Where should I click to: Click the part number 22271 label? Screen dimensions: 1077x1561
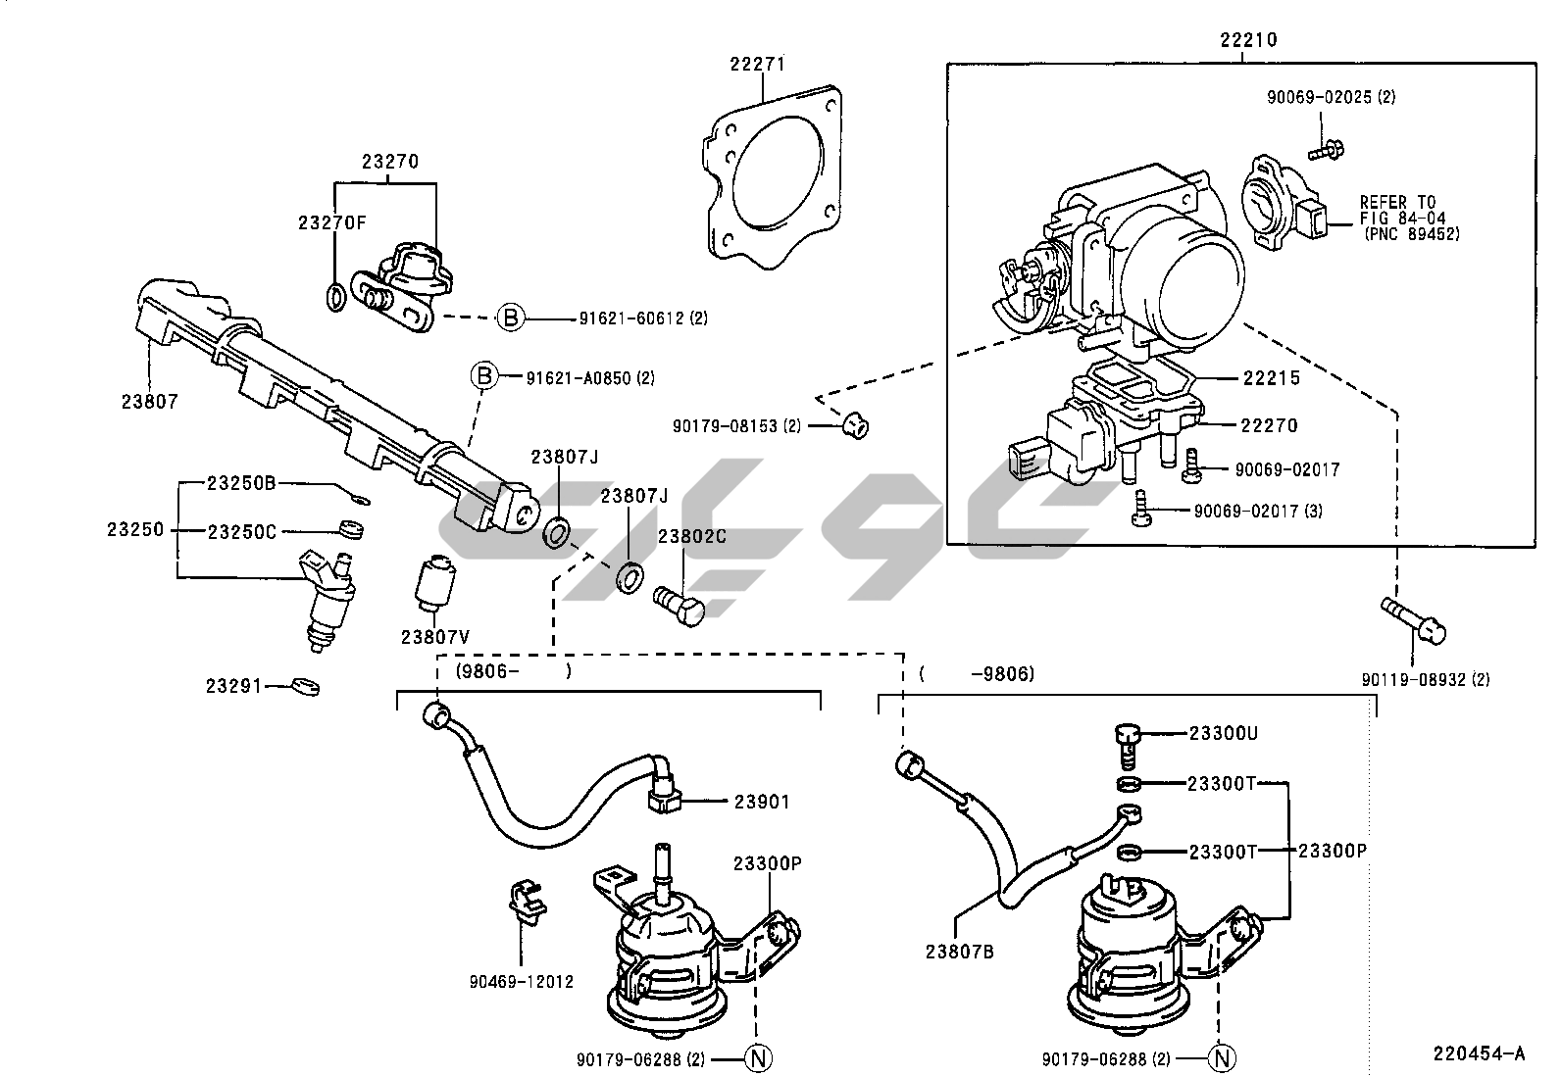pyautogui.click(x=757, y=65)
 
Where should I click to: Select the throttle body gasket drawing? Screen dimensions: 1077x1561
pyautogui.click(x=774, y=181)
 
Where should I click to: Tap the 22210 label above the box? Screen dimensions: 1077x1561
pyautogui.click(x=1248, y=40)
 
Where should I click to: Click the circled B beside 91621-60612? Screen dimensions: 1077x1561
pyautogui.click(x=510, y=317)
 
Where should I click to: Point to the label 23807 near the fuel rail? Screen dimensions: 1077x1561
pyautogui.click(x=150, y=401)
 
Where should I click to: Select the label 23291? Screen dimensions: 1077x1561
pyautogui.click(x=234, y=686)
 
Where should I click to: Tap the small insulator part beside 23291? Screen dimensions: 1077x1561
pyautogui.click(x=306, y=685)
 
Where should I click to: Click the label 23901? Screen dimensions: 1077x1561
pyautogui.click(x=762, y=801)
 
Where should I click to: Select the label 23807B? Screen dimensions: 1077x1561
pyautogui.click(x=959, y=949)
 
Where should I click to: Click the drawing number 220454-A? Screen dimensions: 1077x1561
pyautogui.click(x=1479, y=1053)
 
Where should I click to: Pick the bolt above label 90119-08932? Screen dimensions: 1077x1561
pyautogui.click(x=1413, y=618)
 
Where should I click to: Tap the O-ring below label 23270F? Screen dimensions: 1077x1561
pyautogui.click(x=334, y=295)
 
